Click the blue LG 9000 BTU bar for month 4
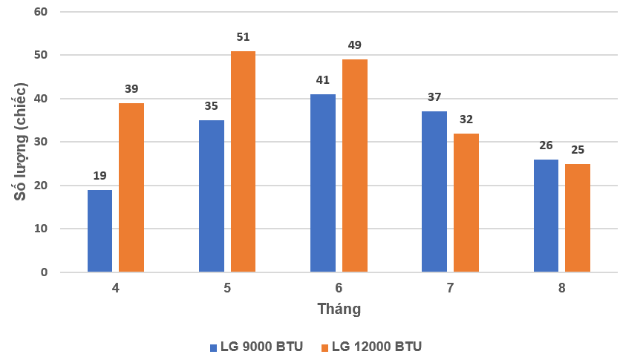pyautogui.click(x=99, y=231)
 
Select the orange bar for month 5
pyautogui.click(x=243, y=162)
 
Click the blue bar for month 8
pyautogui.click(x=546, y=216)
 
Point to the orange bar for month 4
pyautogui.click(x=131, y=188)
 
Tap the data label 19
pyautogui.click(x=100, y=177)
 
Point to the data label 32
pyautogui.click(x=466, y=120)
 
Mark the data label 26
pyautogui.click(x=546, y=146)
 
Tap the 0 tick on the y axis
pyautogui.click(x=44, y=272)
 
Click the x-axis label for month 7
pyautogui.click(x=451, y=287)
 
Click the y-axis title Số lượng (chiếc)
pyautogui.click(x=19, y=142)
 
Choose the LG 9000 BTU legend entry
pyautogui.click(x=256, y=347)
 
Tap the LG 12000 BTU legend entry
pyautogui.click(x=371, y=347)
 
